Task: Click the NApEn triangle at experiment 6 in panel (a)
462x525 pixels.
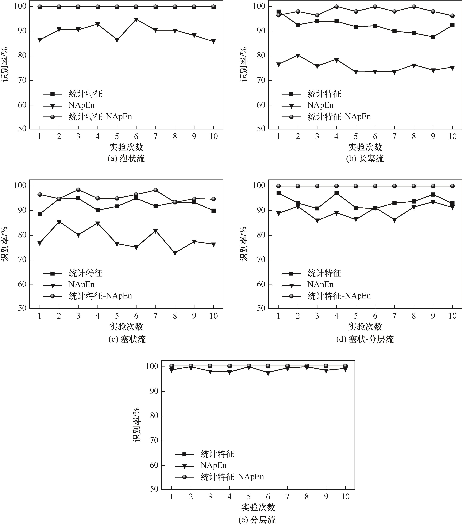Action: click(x=136, y=20)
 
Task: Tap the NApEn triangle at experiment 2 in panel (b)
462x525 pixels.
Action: click(x=298, y=56)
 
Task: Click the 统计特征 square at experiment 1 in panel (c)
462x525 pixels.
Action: click(x=40, y=214)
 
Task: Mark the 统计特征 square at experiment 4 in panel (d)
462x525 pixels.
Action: click(x=336, y=193)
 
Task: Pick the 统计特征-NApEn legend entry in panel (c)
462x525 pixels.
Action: click(x=100, y=296)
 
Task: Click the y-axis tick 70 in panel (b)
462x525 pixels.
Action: click(x=261, y=80)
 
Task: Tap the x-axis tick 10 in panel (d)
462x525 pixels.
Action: click(x=452, y=316)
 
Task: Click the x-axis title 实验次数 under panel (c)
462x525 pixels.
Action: click(x=126, y=327)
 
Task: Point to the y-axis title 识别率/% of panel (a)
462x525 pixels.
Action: click(x=5, y=64)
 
